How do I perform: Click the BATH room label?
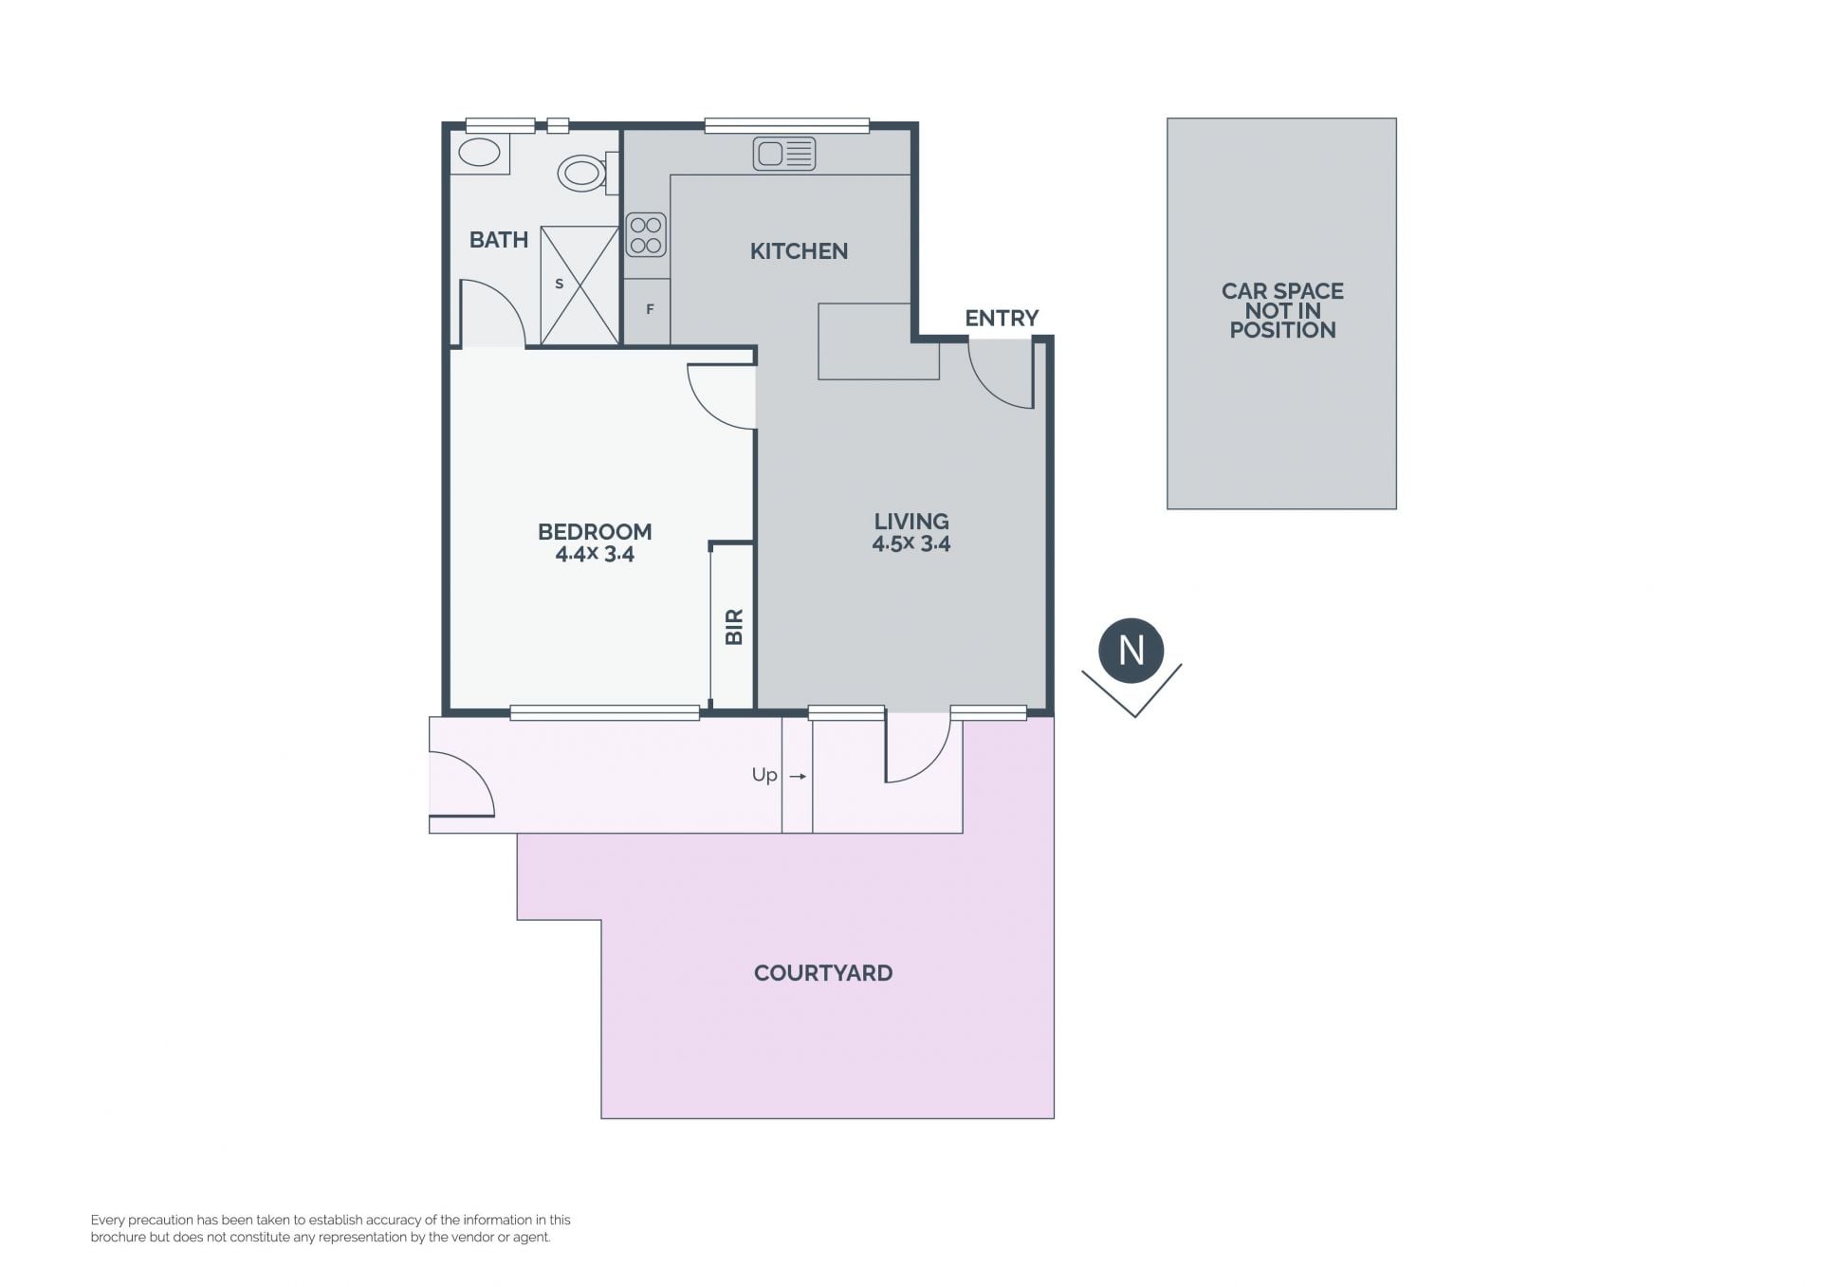pyautogui.click(x=499, y=240)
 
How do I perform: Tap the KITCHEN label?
pyautogui.click(x=799, y=251)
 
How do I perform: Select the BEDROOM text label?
pyautogui.click(x=595, y=532)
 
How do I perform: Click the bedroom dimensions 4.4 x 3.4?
pyautogui.click(x=595, y=555)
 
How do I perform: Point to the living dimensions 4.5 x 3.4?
pyautogui.click(x=911, y=543)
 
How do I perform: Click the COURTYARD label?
pyautogui.click(x=823, y=973)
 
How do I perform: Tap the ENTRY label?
pyautogui.click(x=1002, y=318)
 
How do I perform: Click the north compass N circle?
pyautogui.click(x=1131, y=651)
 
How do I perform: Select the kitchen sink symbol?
pyautogui.click(x=784, y=154)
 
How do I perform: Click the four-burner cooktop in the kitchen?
pyautogui.click(x=646, y=235)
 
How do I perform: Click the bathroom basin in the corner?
pyautogui.click(x=479, y=153)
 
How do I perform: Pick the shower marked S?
pyautogui.click(x=579, y=285)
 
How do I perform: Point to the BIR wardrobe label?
pyautogui.click(x=734, y=627)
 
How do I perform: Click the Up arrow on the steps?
pyautogui.click(x=798, y=777)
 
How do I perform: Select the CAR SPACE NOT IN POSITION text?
pyautogui.click(x=1282, y=311)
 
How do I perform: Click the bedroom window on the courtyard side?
pyautogui.click(x=605, y=713)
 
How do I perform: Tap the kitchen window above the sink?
pyautogui.click(x=787, y=125)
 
